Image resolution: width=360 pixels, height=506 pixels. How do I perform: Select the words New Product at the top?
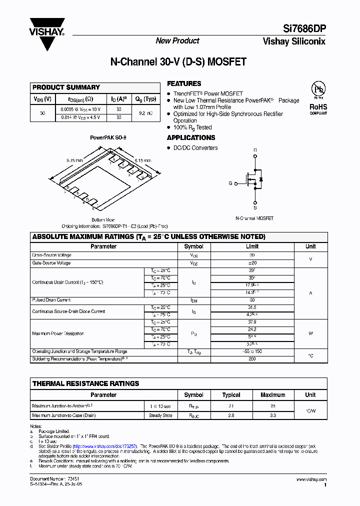[177, 41]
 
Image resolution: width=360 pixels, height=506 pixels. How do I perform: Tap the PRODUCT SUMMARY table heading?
[66, 87]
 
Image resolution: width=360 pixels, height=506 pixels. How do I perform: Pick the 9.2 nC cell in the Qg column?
[145, 113]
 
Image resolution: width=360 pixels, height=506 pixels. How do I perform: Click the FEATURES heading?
[184, 84]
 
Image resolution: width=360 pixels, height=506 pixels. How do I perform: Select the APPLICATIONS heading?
[191, 137]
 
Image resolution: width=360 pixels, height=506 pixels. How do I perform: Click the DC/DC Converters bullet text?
[195, 148]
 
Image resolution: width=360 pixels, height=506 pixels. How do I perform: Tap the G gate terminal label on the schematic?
[230, 183]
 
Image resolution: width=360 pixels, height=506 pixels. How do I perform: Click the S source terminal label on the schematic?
[255, 207]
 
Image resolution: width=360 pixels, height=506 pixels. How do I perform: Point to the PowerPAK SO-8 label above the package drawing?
[104, 137]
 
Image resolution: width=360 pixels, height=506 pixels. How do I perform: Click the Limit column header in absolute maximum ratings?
[252, 246]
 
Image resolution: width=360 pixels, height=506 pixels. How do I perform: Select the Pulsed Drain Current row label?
[51, 300]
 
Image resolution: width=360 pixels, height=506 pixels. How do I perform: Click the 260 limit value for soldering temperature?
[252, 358]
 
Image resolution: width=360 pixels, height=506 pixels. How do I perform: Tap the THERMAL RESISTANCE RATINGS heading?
[85, 383]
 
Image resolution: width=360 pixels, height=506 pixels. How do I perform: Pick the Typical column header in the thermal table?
[231, 395]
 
